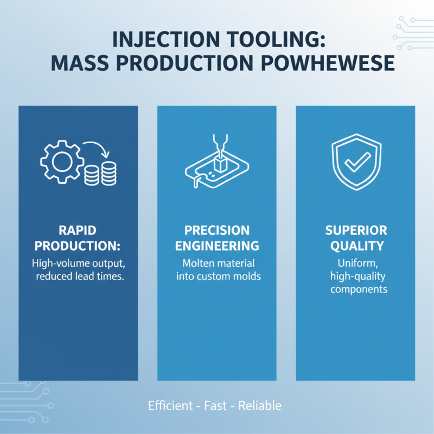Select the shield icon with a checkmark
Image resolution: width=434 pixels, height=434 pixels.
pos(355,161)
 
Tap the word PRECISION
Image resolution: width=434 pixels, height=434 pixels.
pos(216,230)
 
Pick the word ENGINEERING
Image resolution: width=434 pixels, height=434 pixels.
pos(216,246)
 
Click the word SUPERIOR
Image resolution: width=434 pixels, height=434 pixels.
pos(355,230)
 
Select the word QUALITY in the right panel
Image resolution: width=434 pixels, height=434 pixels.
pos(355,246)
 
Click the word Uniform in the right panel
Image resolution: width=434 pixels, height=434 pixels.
pos(355,263)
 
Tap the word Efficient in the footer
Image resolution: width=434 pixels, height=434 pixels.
pos(170,405)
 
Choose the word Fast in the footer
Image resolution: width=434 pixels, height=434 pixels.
pos(216,405)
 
